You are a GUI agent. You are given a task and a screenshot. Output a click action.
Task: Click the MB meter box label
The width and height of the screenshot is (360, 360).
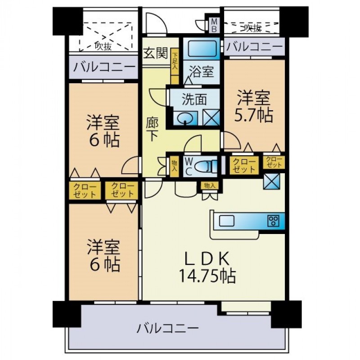(214, 26)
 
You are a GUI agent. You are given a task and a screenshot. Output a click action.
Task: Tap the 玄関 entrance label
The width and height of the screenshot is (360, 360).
(156, 53)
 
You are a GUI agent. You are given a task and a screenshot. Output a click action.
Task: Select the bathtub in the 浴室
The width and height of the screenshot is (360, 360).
(202, 49)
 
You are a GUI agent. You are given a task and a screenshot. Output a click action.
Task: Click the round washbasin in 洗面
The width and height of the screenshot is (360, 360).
(185, 118)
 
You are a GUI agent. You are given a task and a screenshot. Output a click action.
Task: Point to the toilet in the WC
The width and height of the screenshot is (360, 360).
(206, 166)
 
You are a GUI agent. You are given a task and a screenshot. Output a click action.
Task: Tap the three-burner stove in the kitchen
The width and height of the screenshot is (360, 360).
(273, 221)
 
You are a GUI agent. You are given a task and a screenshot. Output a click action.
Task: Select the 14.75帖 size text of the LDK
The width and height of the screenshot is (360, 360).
(207, 276)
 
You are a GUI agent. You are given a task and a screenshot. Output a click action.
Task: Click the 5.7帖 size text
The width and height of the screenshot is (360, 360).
(253, 115)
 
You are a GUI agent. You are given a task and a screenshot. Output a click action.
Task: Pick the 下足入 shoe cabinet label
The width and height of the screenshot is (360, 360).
(175, 61)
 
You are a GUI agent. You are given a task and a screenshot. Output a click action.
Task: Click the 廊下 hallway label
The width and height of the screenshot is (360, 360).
(152, 130)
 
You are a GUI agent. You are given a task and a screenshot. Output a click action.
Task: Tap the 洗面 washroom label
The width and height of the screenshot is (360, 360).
(194, 99)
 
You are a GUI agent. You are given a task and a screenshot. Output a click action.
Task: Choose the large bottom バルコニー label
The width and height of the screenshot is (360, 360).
(167, 328)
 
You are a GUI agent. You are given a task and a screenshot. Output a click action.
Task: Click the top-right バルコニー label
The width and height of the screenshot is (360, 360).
(254, 47)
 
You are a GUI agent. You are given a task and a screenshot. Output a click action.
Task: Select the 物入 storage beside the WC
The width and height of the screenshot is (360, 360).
(175, 166)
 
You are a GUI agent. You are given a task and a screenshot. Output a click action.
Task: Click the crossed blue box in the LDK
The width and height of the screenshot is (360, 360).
(272, 181)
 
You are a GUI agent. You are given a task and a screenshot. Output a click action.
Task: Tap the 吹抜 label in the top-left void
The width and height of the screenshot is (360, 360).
(103, 46)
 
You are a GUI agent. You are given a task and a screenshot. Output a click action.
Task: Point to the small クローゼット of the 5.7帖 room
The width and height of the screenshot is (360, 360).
(274, 162)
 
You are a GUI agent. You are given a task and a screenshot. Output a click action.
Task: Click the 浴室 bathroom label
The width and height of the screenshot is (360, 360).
(202, 72)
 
